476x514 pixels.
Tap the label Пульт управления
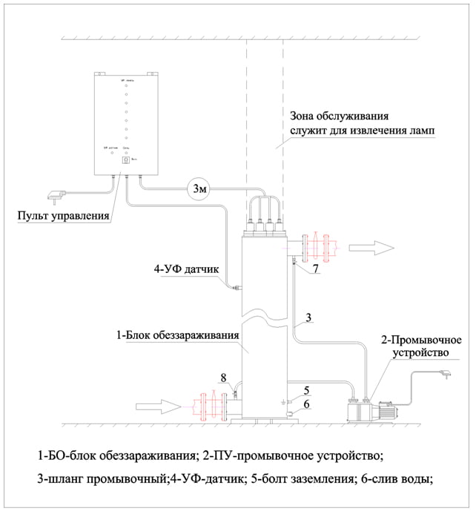click(64, 217)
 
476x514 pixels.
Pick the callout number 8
click(225, 379)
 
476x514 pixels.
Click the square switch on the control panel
click(125, 159)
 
